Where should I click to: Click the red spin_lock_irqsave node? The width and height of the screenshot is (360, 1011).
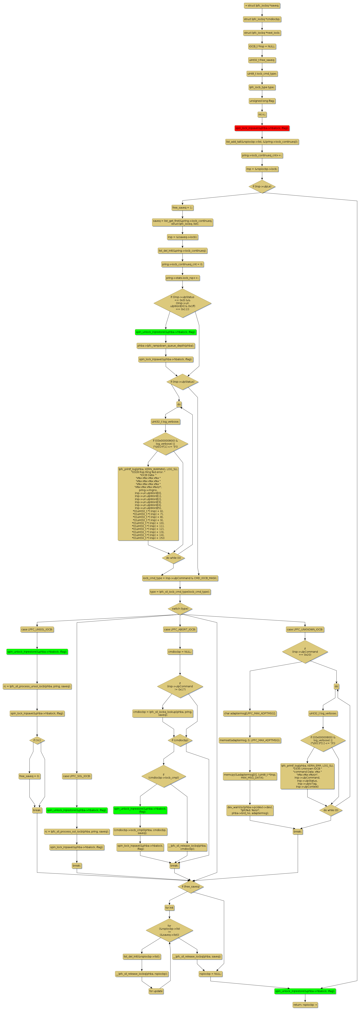pyautogui.click(x=262, y=128)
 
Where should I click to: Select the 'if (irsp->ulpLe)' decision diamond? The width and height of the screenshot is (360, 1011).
pyautogui.click(x=262, y=186)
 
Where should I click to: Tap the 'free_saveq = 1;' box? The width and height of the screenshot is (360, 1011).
pyautogui.click(x=182, y=208)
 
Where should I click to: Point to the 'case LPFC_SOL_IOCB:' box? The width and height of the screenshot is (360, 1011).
pyautogui.click(x=77, y=776)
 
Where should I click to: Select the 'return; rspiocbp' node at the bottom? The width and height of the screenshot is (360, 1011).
pyautogui.click(x=305, y=1005)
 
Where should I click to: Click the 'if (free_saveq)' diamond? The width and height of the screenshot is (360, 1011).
pyautogui.click(x=190, y=886)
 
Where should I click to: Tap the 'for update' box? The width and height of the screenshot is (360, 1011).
pyautogui.click(x=156, y=991)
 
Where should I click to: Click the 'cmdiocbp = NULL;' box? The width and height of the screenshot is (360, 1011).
pyautogui.click(x=180, y=652)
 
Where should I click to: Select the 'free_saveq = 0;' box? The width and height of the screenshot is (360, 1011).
pyautogui.click(x=29, y=776)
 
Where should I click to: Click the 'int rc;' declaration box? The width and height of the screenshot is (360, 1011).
pyautogui.click(x=262, y=115)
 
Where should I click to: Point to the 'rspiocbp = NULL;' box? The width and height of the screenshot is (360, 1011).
pyautogui.click(x=210, y=974)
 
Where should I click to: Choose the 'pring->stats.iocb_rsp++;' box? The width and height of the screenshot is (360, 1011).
pyautogui.click(x=182, y=278)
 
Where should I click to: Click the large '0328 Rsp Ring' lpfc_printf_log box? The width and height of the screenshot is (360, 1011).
pyautogui.click(x=148, y=504)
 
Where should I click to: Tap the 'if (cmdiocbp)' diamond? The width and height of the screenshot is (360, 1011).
pyautogui.click(x=180, y=740)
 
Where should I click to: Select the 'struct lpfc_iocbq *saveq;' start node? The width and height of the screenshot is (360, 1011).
pyautogui.click(x=262, y=6)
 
